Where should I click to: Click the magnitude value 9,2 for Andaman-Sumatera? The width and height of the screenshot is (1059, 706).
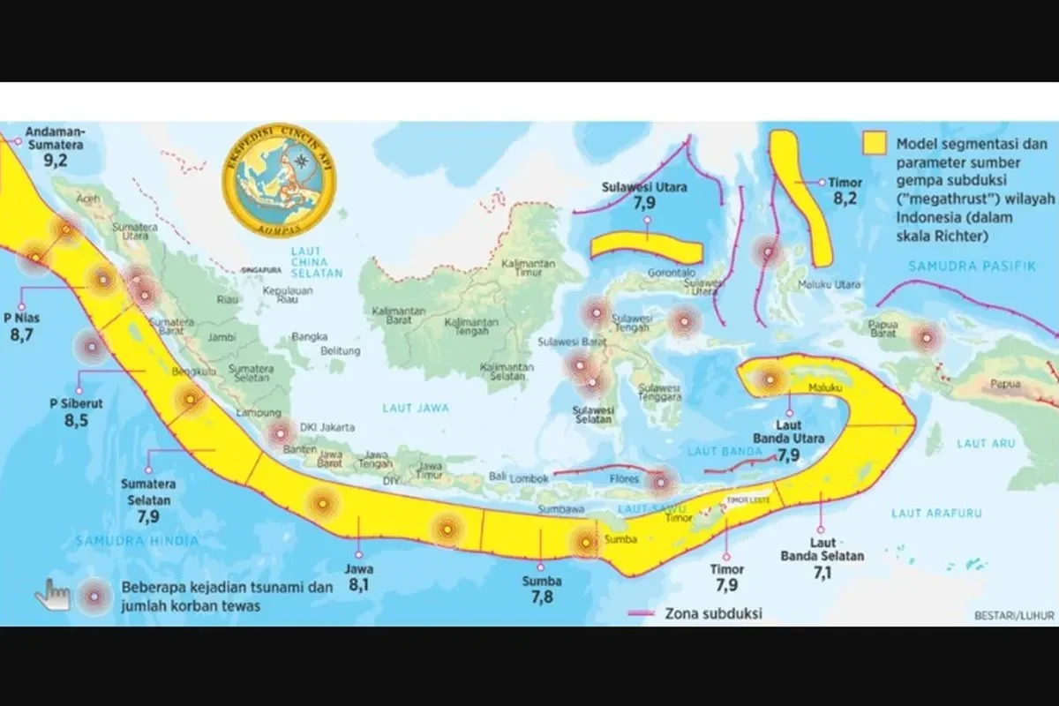point(56,161)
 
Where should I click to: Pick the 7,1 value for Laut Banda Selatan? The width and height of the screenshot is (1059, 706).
point(822,571)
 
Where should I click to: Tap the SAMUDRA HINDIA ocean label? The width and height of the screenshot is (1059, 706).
point(136,539)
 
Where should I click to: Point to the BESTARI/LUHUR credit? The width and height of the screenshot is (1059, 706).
point(1013,614)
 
